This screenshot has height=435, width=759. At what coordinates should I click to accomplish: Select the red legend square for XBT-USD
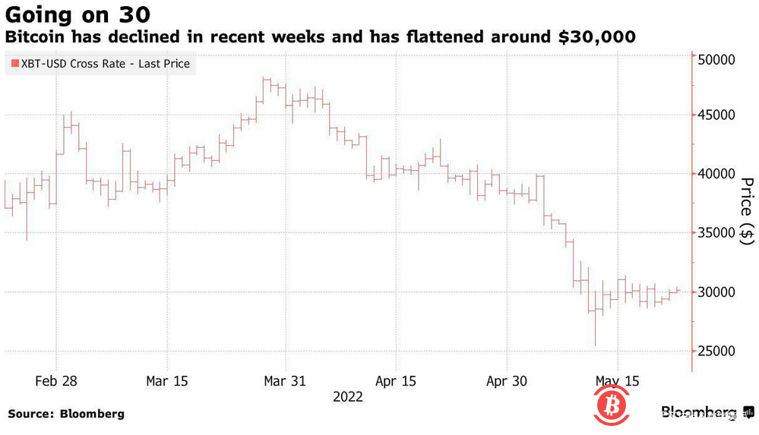click(x=15, y=65)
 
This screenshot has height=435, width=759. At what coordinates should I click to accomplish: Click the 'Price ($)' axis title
click(x=746, y=211)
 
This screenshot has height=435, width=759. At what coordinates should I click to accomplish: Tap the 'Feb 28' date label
click(x=56, y=380)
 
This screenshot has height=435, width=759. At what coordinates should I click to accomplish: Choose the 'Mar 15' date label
click(x=166, y=380)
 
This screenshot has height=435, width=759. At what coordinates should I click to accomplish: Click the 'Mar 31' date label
click(x=284, y=380)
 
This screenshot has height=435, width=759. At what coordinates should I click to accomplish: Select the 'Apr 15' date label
click(x=395, y=380)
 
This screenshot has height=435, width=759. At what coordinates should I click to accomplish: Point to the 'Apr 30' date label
click(x=506, y=380)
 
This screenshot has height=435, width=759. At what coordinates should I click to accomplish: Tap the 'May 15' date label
click(x=616, y=380)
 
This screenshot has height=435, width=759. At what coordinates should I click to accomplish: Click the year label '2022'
click(x=347, y=396)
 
